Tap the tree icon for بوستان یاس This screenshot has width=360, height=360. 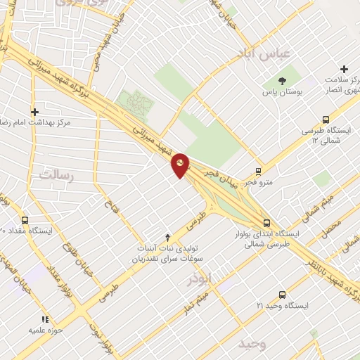(282, 81)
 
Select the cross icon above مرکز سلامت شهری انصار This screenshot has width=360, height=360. (344, 69)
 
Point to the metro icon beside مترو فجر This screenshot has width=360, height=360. (259, 171)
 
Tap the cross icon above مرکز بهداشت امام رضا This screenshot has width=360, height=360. (34, 111)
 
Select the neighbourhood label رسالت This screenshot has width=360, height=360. (56, 174)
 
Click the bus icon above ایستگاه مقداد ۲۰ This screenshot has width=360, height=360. (25, 219)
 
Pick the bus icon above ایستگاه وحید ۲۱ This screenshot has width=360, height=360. (282, 295)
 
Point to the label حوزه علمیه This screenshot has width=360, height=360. (46, 329)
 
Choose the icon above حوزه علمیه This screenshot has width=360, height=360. (46, 319)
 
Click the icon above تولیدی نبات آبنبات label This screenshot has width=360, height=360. (167, 237)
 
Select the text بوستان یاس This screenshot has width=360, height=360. (282, 92)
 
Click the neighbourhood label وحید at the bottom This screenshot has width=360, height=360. (252, 345)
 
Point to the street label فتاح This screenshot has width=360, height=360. (109, 205)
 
